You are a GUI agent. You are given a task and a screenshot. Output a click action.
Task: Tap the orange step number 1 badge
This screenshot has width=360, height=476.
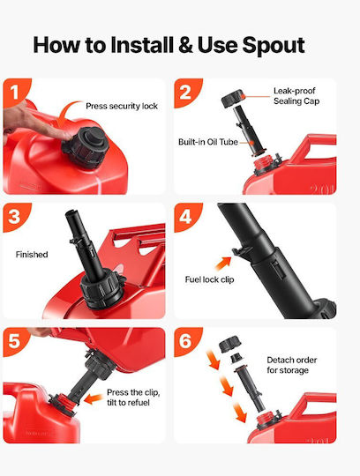[15, 91]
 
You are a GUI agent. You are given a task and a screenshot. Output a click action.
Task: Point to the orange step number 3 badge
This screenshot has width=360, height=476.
[15, 216]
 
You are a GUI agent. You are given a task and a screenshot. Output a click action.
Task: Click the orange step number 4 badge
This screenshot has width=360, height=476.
[186, 216]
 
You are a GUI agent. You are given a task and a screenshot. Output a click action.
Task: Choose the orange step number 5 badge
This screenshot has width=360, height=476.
[15, 340]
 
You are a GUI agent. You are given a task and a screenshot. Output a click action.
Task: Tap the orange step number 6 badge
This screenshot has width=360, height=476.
[186, 340]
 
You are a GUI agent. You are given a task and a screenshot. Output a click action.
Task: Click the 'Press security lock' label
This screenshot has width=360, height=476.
[122, 107]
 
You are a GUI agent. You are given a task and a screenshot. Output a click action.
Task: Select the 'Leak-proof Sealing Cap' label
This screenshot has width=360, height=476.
[296, 96]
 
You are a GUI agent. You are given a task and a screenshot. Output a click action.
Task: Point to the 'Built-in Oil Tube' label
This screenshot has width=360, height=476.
[208, 142]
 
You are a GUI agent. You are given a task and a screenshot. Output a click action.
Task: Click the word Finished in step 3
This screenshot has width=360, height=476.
[32, 255]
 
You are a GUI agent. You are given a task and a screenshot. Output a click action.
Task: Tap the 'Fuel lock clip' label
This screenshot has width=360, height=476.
[210, 279]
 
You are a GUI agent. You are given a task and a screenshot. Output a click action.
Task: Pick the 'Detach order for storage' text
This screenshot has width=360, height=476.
[292, 365]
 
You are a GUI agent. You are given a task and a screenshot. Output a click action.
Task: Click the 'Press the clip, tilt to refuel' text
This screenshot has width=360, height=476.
[133, 398]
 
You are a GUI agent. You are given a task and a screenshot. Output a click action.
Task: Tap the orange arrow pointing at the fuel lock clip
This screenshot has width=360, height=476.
[223, 264]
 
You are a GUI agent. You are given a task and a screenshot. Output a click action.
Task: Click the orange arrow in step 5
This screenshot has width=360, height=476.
[94, 398]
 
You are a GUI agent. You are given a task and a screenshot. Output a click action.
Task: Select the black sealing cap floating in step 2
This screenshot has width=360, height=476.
[233, 99]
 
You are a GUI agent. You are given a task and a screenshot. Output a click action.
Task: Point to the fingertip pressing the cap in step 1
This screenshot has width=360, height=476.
[67, 135]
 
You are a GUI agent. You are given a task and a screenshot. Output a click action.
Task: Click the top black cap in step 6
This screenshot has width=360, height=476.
[230, 344]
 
